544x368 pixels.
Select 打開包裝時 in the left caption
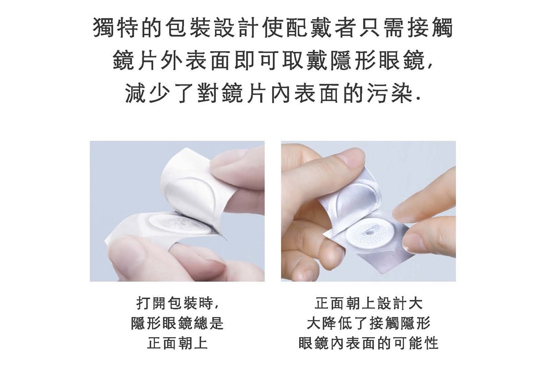(x=175, y=303)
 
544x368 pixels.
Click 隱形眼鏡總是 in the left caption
(x=177, y=323)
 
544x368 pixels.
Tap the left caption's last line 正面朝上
(x=177, y=343)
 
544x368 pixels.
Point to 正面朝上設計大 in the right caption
(x=369, y=303)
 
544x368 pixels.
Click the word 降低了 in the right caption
(x=345, y=323)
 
